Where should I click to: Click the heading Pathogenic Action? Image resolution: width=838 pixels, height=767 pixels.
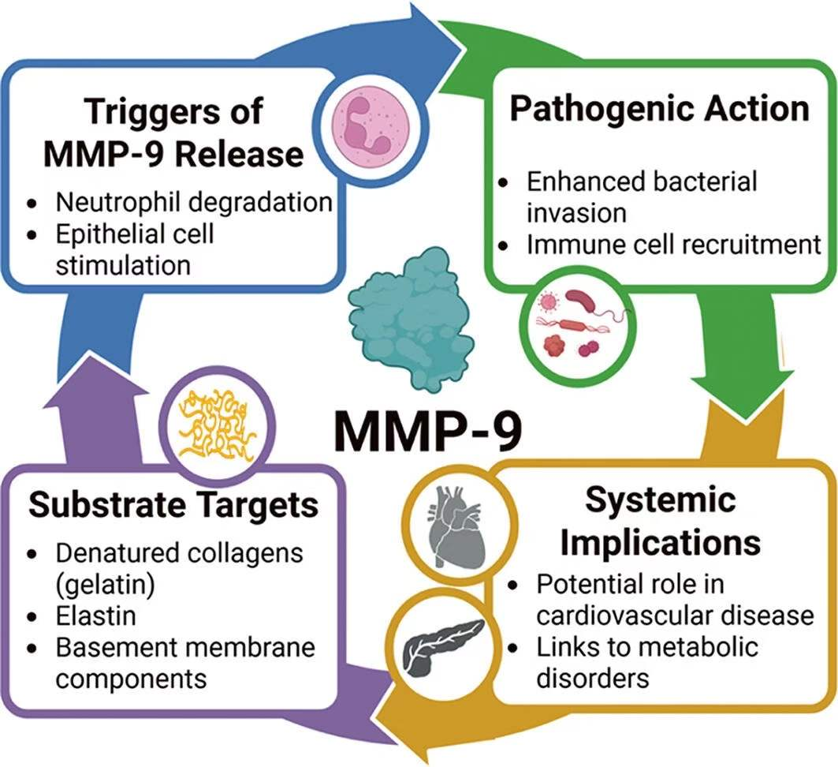coord(659,108)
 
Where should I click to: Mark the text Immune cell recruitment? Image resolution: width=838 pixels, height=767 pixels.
coord(674,245)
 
